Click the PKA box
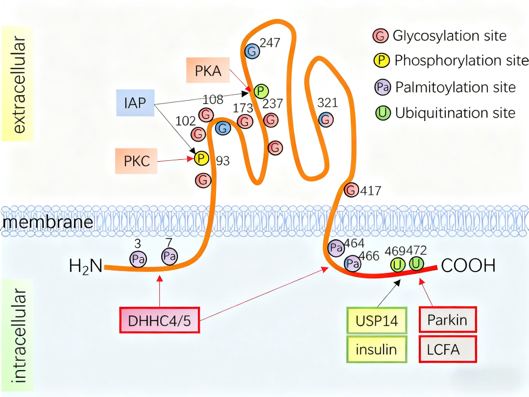pyautogui.click(x=208, y=71)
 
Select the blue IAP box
pyautogui.click(x=135, y=102)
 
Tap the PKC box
pyautogui.click(x=137, y=161)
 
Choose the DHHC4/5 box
pyautogui.click(x=159, y=321)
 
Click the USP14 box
pyautogui.click(x=377, y=321)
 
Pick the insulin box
pyautogui.click(x=377, y=349)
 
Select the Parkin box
pyautogui.click(x=447, y=320)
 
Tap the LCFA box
pyautogui.click(x=447, y=349)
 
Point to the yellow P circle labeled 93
pyautogui.click(x=201, y=158)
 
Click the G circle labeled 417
pyautogui.click(x=351, y=190)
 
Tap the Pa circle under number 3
pyautogui.click(x=138, y=259)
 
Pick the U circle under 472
pyautogui.click(x=416, y=264)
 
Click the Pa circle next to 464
pyautogui.click(x=336, y=248)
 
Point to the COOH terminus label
pyautogui.click(x=468, y=266)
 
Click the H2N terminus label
pyautogui.click(x=86, y=267)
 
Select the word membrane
pyautogui.click(x=48, y=223)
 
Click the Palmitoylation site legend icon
pyautogui.click(x=383, y=87)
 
